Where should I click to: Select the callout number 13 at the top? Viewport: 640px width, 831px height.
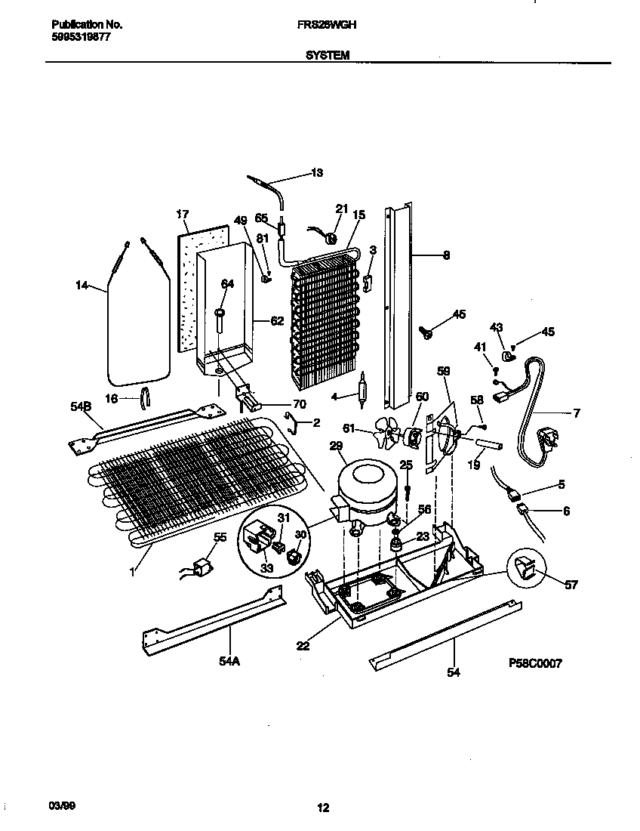pyautogui.click(x=317, y=173)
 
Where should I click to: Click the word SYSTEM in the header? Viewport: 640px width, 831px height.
pyautogui.click(x=327, y=54)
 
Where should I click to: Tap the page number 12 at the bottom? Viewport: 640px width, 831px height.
pyautogui.click(x=323, y=808)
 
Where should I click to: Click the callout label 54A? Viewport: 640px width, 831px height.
pyautogui.click(x=229, y=662)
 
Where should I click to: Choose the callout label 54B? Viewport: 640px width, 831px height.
pyautogui.click(x=81, y=407)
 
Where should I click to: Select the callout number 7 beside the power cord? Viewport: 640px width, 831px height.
pyautogui.click(x=577, y=412)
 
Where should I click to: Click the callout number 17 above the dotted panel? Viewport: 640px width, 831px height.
pyautogui.click(x=181, y=214)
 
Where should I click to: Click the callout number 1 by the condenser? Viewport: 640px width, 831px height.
pyautogui.click(x=131, y=573)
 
